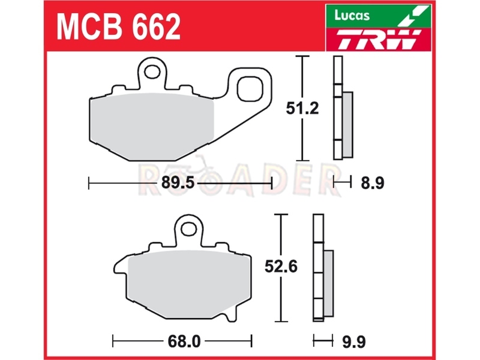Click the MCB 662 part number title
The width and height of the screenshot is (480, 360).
coord(118,26)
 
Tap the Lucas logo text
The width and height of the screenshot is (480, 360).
coord(352,16)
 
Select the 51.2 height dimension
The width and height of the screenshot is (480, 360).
coord(302,108)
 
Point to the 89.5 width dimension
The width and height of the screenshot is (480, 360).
coord(178,183)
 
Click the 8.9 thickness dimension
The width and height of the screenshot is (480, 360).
coord(372,183)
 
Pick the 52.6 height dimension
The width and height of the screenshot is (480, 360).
coord(281,266)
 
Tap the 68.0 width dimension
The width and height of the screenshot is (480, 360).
coord(184,341)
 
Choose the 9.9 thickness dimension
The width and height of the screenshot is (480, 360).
coord(354,341)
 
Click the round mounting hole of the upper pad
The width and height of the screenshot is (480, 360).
coord(152,72)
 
